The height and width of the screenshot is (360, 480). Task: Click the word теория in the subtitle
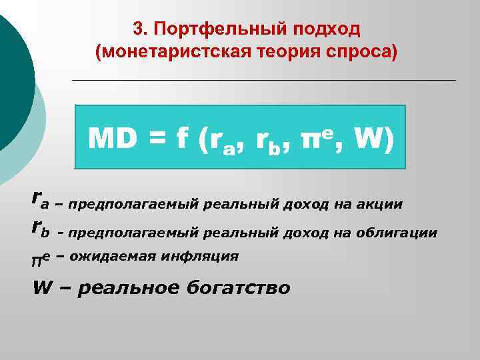pos(289,52)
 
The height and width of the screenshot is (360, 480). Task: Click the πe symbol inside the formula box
pos(317,138)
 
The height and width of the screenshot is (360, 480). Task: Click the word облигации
pos(404,233)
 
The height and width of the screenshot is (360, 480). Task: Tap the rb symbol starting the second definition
pos(41,229)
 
